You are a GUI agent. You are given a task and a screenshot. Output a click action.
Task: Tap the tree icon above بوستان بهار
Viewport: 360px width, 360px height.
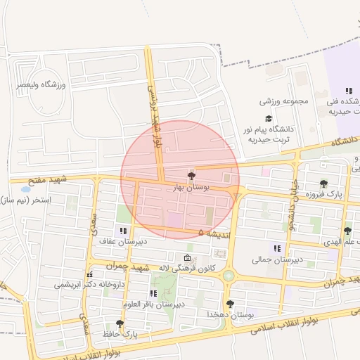[x=191, y=176]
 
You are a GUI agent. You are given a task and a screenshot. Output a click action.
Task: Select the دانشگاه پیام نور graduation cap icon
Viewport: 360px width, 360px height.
[x=268, y=118]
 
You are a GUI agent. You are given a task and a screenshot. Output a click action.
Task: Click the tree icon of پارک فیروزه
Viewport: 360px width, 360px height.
[x=323, y=184]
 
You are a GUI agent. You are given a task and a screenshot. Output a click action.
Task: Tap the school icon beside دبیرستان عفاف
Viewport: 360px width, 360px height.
[x=123, y=231]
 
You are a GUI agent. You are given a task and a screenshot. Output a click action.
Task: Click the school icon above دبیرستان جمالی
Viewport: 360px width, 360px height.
[x=277, y=248]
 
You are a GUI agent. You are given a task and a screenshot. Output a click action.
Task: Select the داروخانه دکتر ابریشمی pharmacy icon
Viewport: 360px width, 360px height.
[x=89, y=274]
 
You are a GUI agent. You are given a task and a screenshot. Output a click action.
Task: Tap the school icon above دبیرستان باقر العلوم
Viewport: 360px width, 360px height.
[x=153, y=293]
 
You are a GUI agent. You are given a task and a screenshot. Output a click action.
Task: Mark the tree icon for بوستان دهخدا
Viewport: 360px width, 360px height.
[x=230, y=304]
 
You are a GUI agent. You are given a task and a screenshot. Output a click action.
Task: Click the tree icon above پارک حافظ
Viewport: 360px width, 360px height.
[x=120, y=323]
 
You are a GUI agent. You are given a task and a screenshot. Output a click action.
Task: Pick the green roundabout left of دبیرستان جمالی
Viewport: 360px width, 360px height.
[x=229, y=276]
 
